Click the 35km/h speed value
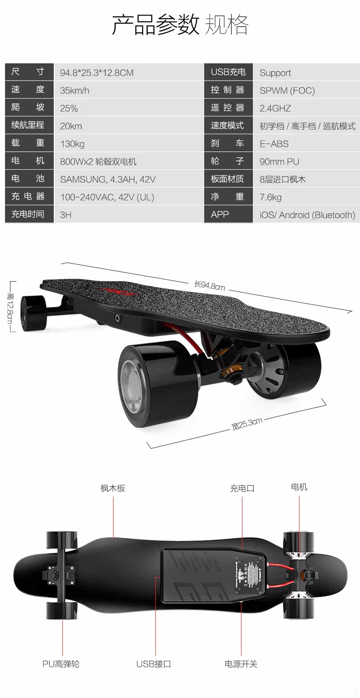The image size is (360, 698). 75,91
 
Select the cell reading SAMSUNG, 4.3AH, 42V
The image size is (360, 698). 108,180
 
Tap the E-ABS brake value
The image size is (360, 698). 274,144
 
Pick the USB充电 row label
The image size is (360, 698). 228,72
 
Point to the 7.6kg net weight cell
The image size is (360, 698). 271,197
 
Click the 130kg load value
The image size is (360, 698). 72,144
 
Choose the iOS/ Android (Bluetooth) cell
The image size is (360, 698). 307,215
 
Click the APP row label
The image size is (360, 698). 220,215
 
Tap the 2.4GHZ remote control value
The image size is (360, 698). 275,108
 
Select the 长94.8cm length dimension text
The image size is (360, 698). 210,286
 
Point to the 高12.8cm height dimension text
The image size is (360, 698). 10,306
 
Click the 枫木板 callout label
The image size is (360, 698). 113,488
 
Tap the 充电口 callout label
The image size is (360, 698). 242,488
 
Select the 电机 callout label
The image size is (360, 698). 299,487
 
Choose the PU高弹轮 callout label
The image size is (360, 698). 61,664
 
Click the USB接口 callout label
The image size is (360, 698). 154,664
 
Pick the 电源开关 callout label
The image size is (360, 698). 241,664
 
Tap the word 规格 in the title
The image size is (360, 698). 226,25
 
